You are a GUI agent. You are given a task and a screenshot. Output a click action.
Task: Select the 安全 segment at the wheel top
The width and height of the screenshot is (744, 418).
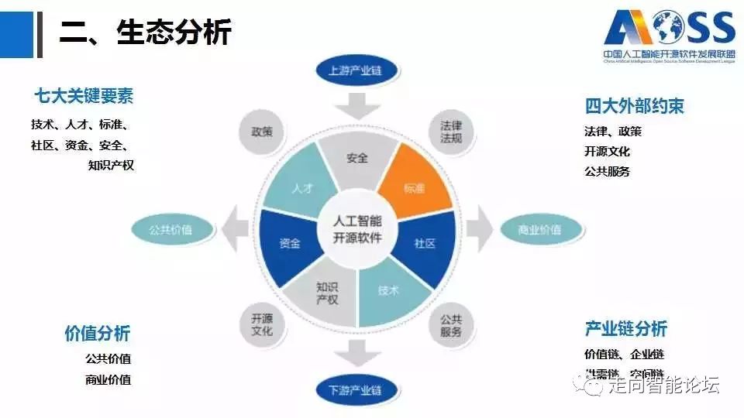[357, 159]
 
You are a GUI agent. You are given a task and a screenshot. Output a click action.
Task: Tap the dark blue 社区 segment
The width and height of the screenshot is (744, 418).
[425, 243]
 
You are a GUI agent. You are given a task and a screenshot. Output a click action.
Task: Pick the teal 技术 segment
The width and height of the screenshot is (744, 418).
[387, 292]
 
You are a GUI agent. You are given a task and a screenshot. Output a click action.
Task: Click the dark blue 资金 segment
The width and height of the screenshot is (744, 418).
[290, 243]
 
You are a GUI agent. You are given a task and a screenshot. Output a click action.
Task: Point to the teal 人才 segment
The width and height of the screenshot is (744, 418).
[301, 188]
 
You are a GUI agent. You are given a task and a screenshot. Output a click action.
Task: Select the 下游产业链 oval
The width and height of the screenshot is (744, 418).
[357, 389]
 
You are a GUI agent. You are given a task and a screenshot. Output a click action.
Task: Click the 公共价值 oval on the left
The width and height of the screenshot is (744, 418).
[171, 230]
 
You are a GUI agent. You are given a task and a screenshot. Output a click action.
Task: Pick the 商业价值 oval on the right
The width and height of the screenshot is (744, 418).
[539, 230]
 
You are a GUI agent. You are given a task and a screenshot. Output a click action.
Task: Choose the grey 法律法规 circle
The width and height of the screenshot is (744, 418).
[452, 132]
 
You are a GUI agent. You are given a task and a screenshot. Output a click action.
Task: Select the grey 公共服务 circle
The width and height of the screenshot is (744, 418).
[451, 326]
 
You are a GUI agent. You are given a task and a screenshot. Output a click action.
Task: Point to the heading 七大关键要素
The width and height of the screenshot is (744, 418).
[84, 97]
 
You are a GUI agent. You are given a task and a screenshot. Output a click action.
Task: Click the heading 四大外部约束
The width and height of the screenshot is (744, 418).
[635, 106]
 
